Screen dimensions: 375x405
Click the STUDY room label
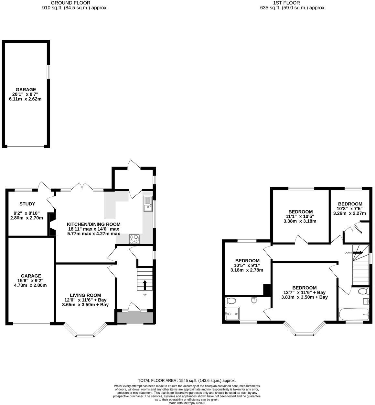pyautogui.click(x=27, y=204)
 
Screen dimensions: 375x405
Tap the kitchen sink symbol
pyautogui.click(x=148, y=204)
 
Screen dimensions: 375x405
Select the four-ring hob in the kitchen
pyautogui.click(x=134, y=239)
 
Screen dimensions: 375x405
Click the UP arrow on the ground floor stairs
pyautogui.click(x=145, y=285)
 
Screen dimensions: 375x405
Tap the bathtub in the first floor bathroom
pyautogui.click(x=353, y=314)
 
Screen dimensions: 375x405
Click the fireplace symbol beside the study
pyautogui.click(x=52, y=224)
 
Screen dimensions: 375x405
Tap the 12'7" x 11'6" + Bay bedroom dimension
pyautogui.click(x=304, y=292)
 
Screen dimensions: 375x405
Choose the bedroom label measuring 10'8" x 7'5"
pyautogui.click(x=350, y=204)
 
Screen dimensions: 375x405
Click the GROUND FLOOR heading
pyautogui.click(x=75, y=3)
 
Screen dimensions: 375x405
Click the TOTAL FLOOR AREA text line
pyautogui.click(x=187, y=380)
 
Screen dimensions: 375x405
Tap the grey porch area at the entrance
pyautogui.click(x=135, y=318)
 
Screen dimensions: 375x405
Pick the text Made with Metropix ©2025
pyautogui.click(x=187, y=403)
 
